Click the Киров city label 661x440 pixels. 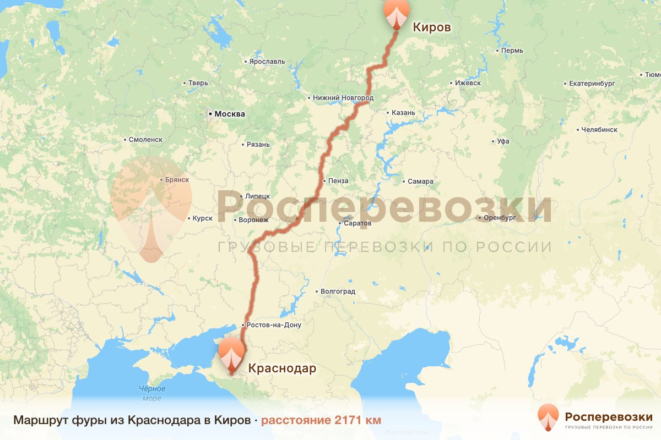click(x=432, y=27)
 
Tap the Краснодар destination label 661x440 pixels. click(x=282, y=368)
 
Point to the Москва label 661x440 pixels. click(x=229, y=114)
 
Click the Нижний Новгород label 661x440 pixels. click(x=343, y=98)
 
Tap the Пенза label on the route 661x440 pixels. click(x=338, y=180)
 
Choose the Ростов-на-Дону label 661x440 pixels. click(x=274, y=325)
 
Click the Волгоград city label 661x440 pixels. click(x=338, y=291)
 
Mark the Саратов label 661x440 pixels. click(x=357, y=223)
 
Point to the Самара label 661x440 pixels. click(x=420, y=182)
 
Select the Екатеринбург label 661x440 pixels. click(x=588, y=84)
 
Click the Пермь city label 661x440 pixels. click(x=512, y=51)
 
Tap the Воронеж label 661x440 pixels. click(x=253, y=220)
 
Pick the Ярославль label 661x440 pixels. click(x=267, y=61)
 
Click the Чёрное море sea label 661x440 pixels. click(x=151, y=393)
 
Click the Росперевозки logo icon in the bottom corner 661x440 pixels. click(x=548, y=417)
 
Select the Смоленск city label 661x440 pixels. click(x=145, y=140)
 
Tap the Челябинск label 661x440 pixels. click(x=599, y=130)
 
